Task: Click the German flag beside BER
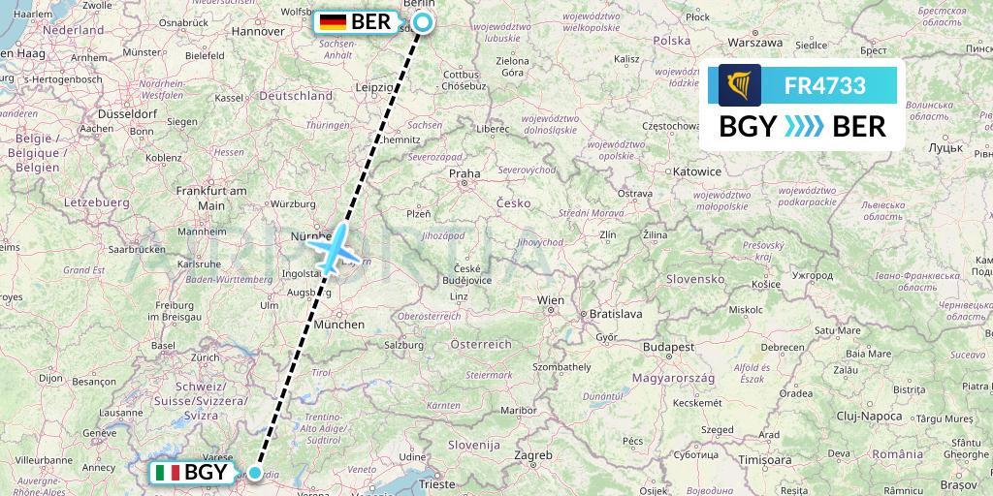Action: (333, 21)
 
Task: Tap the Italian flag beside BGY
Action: (167, 473)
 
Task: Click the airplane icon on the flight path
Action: (333, 249)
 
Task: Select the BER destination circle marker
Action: (423, 22)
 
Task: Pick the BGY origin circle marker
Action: (254, 473)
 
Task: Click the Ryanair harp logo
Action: (740, 85)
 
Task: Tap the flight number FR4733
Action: (824, 85)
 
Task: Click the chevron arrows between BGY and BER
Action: (801, 126)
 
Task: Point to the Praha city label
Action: (464, 174)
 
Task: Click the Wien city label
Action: (551, 300)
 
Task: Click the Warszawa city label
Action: (754, 43)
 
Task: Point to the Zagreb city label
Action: (532, 453)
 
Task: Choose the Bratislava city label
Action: (617, 314)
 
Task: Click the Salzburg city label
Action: (402, 345)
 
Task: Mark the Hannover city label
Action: (256, 31)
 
